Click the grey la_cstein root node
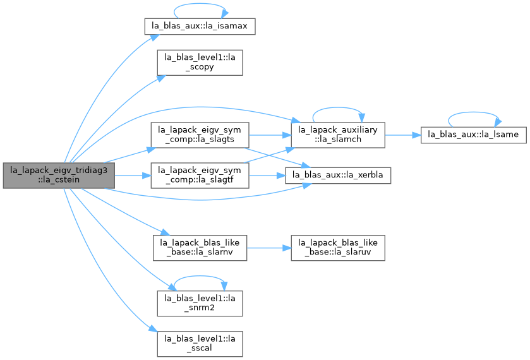coord(59,176)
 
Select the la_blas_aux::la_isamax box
coord(200,26)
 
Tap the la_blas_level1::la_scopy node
coord(200,63)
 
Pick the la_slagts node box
coord(200,135)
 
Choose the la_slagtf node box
coord(200,176)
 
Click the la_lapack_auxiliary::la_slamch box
coord(338,135)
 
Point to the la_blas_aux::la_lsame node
coord(473,135)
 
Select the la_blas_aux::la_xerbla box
coord(338,176)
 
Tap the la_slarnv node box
coord(200,248)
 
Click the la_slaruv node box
coord(338,248)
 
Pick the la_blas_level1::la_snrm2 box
coord(200,303)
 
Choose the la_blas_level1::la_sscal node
coord(200,344)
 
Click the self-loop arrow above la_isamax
coord(200,4)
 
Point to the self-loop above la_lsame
coord(473,112)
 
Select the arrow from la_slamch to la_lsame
coord(403,135)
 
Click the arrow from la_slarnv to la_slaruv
coord(269,248)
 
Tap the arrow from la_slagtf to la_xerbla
coord(267,176)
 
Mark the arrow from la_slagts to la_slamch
coord(270,135)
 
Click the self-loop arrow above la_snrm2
coord(200,276)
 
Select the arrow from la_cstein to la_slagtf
coord(133,176)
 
